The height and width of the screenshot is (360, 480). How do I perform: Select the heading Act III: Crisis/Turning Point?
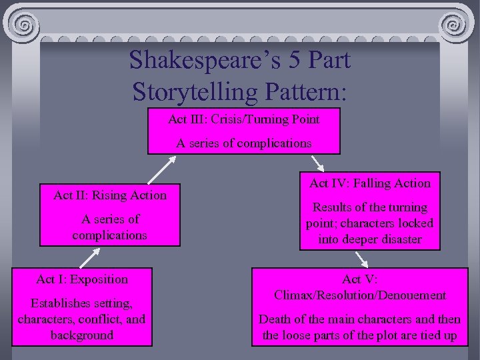(x=243, y=119)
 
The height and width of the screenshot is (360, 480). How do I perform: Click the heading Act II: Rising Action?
(x=110, y=195)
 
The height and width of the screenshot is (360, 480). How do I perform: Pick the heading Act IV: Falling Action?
(x=370, y=183)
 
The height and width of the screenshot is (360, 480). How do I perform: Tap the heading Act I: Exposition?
(x=82, y=279)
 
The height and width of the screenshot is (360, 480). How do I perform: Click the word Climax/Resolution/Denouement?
(x=360, y=295)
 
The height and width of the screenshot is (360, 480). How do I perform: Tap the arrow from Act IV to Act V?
(x=361, y=258)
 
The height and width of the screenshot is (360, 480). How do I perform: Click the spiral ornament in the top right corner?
(x=455, y=27)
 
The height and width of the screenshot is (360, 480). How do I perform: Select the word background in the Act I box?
(x=82, y=335)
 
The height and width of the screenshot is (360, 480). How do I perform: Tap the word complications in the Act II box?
(x=110, y=235)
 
